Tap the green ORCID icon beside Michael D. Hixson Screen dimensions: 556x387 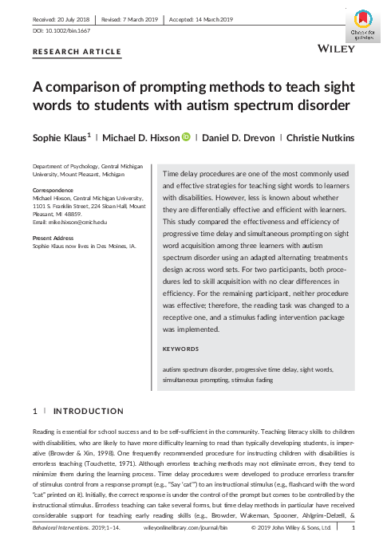[186, 137]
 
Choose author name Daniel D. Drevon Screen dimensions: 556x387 [238, 137]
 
